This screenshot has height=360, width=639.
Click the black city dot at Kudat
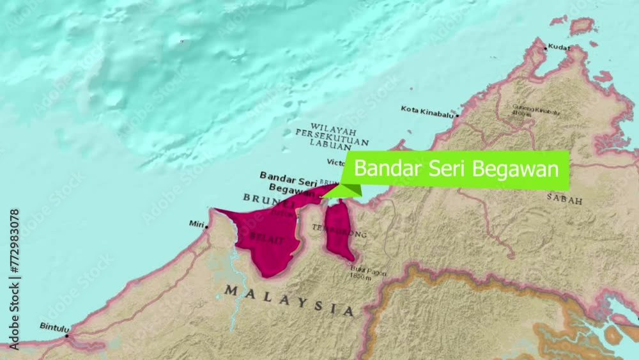coord(545,47)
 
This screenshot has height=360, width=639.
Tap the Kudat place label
coord(558,47)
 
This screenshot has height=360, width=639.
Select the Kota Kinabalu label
coord(427,110)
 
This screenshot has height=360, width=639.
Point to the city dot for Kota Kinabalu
coord(458,116)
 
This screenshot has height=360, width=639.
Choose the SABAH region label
coord(564,200)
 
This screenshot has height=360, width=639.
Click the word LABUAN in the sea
coord(330,145)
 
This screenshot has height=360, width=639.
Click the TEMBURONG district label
coord(348,231)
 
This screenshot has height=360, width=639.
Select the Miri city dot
coord(207,224)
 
